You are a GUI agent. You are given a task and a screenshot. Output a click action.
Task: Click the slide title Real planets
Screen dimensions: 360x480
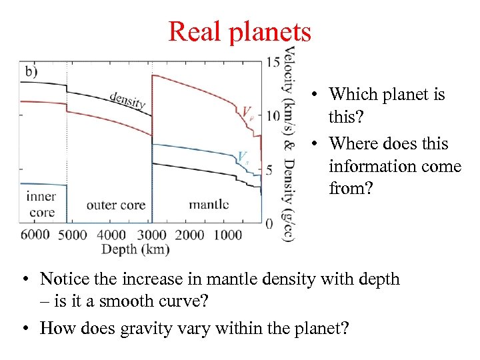point(239,31)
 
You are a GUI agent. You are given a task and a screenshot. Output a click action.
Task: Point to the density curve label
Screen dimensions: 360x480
point(127,98)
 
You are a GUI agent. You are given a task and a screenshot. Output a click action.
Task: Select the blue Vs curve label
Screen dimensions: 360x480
point(243,157)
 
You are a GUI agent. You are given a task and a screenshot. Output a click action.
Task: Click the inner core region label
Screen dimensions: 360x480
point(41,205)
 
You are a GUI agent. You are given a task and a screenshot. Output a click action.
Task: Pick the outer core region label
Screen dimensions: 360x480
point(115,205)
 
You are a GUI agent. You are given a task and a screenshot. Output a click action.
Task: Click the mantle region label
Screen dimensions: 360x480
point(209,204)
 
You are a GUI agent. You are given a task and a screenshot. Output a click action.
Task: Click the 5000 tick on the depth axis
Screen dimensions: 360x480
point(72,234)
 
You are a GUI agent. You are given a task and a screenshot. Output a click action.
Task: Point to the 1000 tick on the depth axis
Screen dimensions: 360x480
point(229,234)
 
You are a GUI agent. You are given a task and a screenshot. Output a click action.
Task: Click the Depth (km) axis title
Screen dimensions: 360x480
point(135,249)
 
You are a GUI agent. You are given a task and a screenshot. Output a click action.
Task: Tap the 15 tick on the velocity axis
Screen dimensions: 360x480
point(273,63)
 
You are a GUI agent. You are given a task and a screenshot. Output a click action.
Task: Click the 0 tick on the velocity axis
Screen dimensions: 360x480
point(269,223)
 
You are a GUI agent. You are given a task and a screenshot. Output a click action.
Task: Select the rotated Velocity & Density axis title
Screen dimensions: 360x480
point(289,143)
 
